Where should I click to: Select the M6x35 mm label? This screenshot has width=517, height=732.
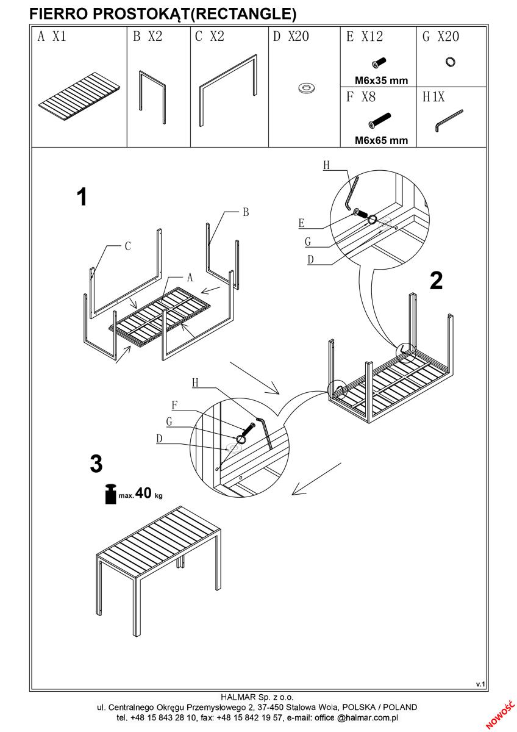[x=381, y=80]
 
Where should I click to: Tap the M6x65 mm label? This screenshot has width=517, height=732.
[x=381, y=140]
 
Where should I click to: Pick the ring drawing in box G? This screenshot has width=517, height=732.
[x=451, y=62]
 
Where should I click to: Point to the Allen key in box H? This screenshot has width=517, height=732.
[x=449, y=120]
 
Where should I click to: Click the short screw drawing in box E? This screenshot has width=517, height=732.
[x=377, y=63]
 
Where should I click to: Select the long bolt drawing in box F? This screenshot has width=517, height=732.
[x=379, y=119]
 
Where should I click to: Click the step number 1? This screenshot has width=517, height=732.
[x=81, y=197]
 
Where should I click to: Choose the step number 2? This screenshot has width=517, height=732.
[x=436, y=281]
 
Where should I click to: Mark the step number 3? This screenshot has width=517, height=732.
[x=96, y=464]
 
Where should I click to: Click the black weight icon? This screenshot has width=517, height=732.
[x=110, y=493]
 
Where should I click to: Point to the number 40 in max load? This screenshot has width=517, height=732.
[x=143, y=493]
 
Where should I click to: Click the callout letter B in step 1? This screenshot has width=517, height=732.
[x=246, y=212]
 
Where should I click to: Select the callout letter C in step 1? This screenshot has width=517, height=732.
[x=127, y=246]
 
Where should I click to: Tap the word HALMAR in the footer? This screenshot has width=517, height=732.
[x=237, y=696]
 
